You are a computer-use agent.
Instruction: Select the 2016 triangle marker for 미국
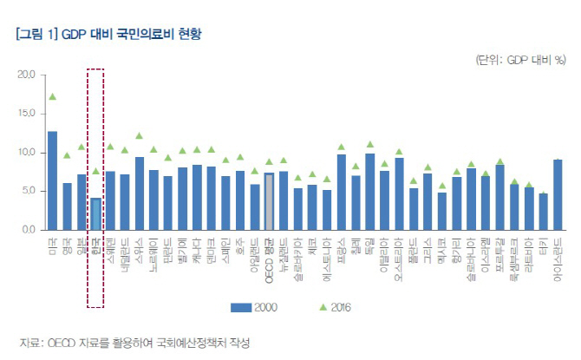[53, 97]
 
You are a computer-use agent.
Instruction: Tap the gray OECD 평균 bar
[269, 202]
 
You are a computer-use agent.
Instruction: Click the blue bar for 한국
[96, 213]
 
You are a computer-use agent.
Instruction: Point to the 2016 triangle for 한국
[96, 171]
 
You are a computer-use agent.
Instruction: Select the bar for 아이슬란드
[558, 194]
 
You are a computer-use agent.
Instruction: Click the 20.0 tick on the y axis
[24, 75]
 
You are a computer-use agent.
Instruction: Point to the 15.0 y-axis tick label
[24, 114]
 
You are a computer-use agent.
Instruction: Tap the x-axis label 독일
[370, 245]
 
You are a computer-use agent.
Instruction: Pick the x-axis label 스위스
[140, 248]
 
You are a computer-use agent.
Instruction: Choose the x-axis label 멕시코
[442, 248]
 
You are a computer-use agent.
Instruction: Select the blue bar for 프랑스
[342, 192]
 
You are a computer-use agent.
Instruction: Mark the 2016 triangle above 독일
[370, 145]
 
